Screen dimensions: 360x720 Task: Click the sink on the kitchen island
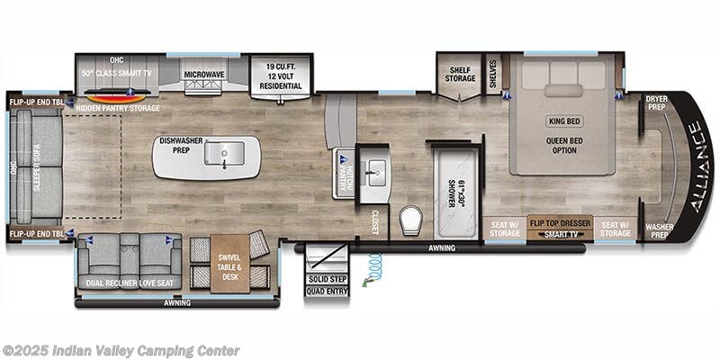click(x=219, y=157)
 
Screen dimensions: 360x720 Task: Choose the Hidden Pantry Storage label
click(x=118, y=108)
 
